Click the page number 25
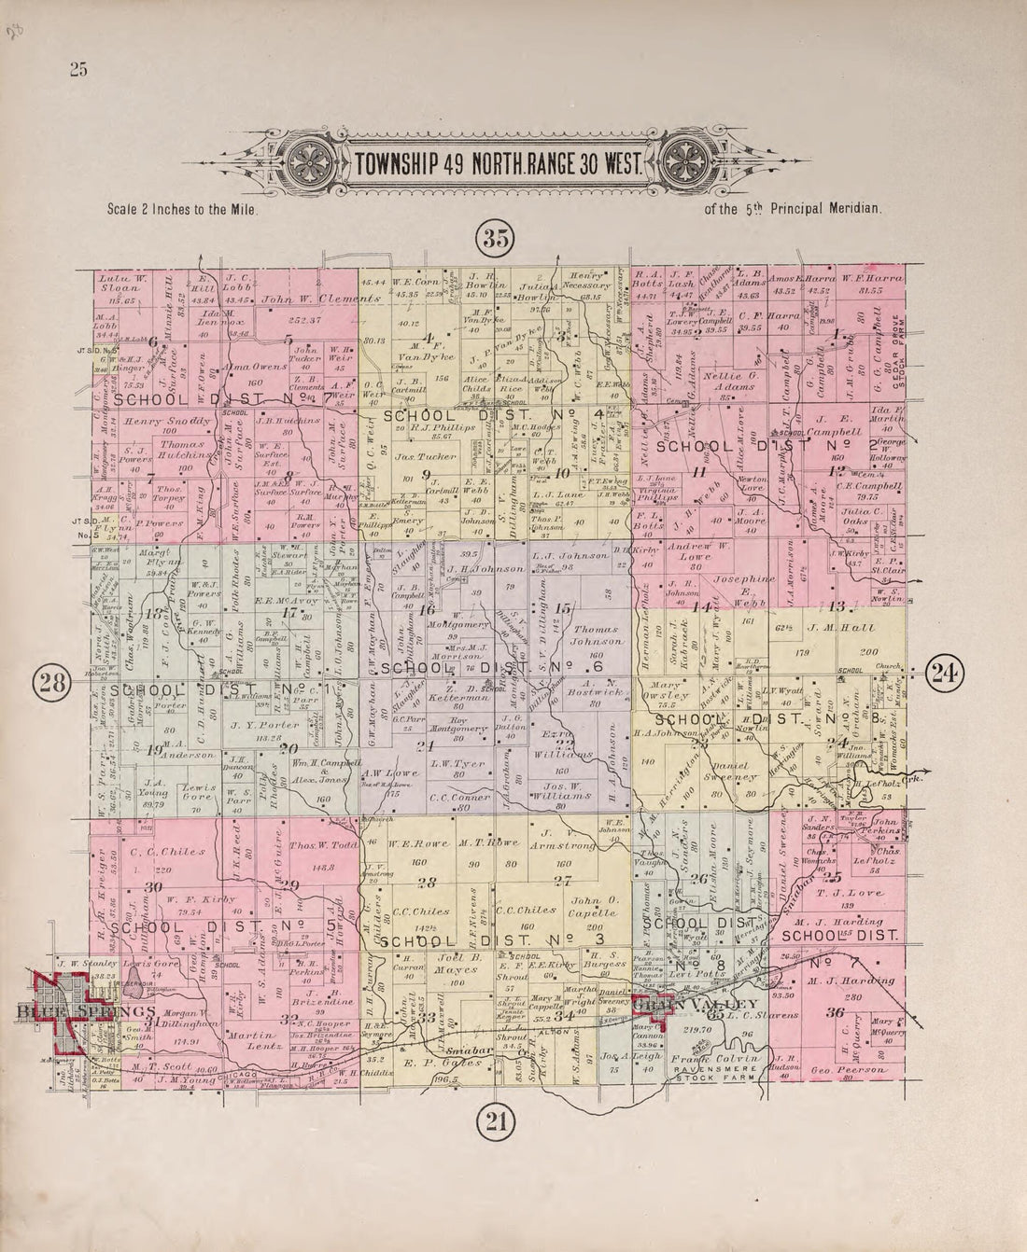[x=77, y=68]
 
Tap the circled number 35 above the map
[x=495, y=239]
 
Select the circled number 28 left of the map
[x=49, y=684]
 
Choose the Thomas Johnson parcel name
[x=597, y=635]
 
